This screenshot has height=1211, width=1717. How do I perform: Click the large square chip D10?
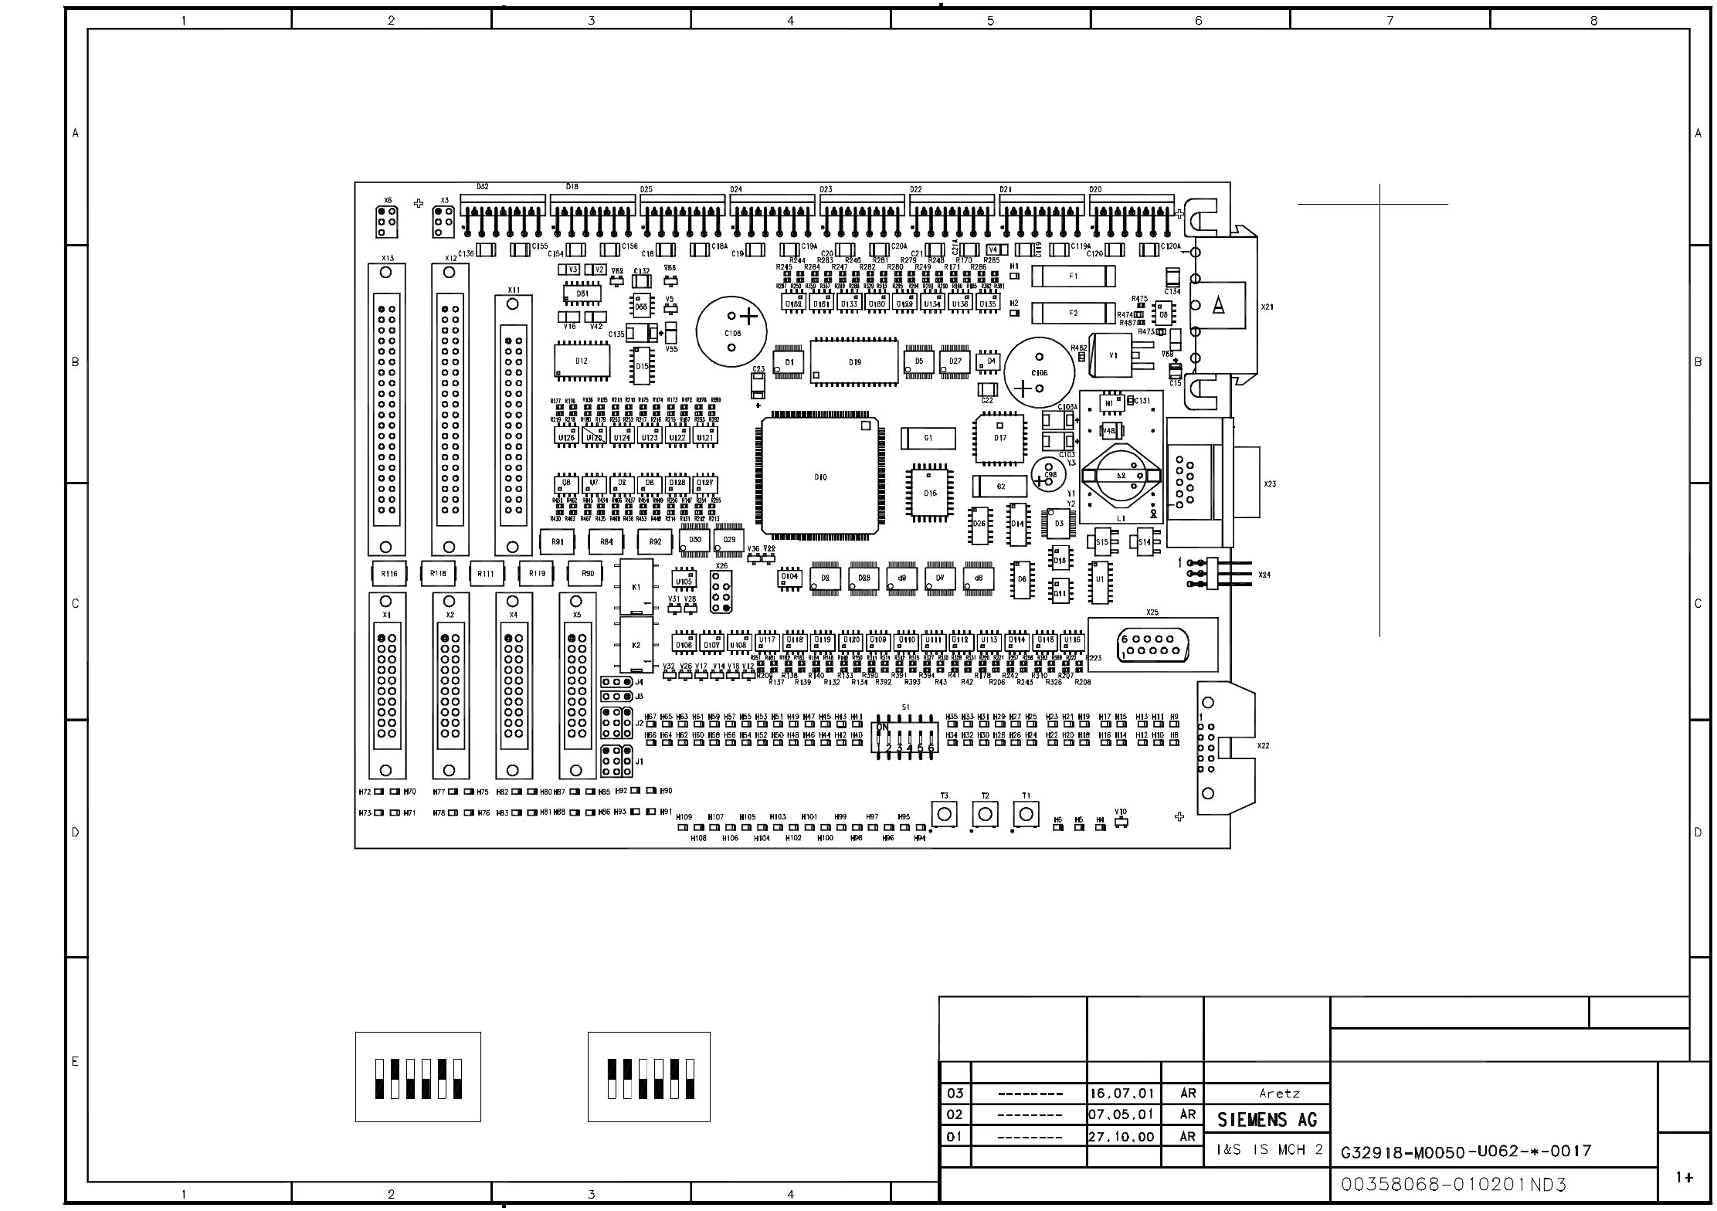819,477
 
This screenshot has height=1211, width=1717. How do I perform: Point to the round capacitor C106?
1039,372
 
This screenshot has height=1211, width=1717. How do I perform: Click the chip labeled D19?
854,361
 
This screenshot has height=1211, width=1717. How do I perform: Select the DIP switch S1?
905,738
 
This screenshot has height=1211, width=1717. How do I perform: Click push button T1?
1025,814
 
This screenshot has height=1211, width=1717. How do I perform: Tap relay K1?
637,587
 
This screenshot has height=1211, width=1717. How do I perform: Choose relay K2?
637,645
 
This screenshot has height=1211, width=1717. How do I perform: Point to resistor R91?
557,542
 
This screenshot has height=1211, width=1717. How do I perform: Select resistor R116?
389,574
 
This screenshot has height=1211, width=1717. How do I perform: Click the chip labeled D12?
582,361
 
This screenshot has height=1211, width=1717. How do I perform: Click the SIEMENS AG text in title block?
1267,1120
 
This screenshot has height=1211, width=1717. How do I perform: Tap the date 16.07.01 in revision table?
1121,1094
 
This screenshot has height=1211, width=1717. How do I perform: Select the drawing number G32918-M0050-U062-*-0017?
1465,1152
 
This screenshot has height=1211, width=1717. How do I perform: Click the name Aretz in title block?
1279,1094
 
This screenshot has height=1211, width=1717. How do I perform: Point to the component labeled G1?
928,438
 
